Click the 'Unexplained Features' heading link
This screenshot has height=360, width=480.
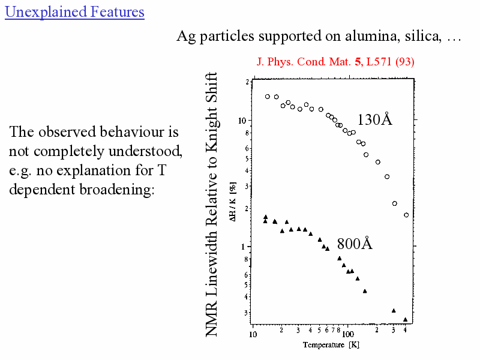coord(74,11)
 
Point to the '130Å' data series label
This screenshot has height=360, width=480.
coord(374,119)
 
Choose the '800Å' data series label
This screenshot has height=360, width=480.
coord(354,244)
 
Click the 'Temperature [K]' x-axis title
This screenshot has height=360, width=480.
coord(331,345)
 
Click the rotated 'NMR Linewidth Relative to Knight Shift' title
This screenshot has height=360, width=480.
coord(212,204)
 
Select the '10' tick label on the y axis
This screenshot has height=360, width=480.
coord(242,121)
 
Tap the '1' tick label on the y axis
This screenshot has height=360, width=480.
coord(244,247)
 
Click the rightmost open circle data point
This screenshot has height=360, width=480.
coord(406,215)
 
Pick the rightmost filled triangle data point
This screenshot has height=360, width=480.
coord(406,319)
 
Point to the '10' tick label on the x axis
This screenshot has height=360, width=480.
coord(253,334)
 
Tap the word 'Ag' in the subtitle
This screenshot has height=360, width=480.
coord(185,36)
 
